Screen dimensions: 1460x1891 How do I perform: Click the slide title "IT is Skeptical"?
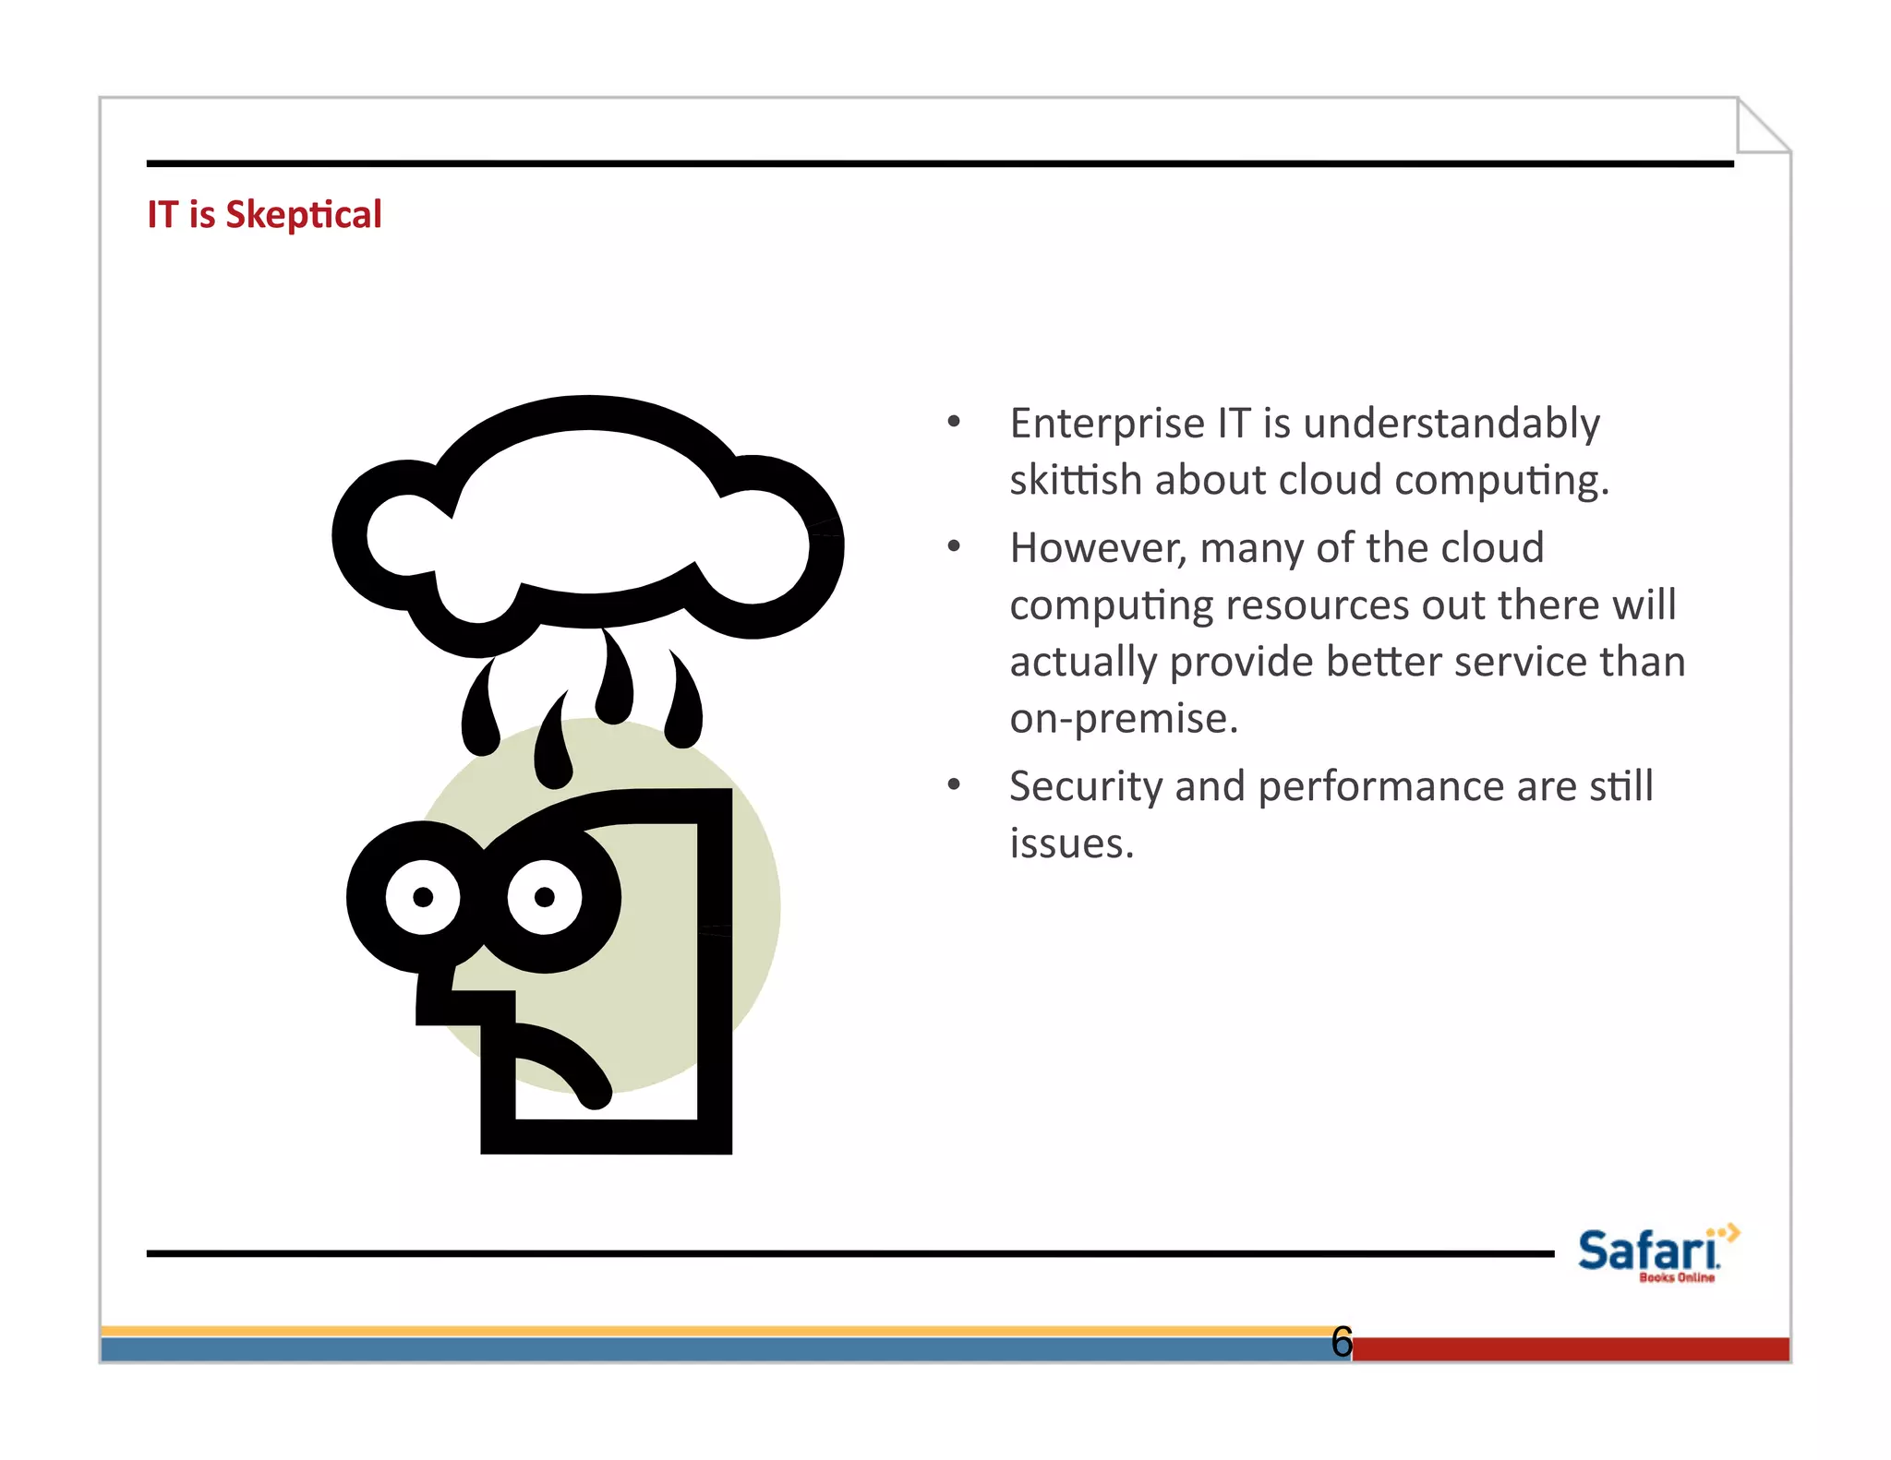click(x=264, y=215)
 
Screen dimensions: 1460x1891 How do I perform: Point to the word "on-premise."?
click(x=1123, y=719)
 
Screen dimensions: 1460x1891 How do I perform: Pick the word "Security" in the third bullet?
click(x=1085, y=787)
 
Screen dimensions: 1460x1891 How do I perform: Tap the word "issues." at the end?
click(x=1071, y=844)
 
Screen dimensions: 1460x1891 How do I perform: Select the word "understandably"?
click(x=1451, y=424)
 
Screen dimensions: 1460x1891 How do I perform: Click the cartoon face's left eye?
click(x=423, y=897)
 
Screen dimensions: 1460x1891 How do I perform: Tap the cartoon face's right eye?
click(x=545, y=897)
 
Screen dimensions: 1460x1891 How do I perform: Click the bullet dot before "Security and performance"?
click(x=954, y=785)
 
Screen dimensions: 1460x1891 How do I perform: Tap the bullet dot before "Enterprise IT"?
click(x=954, y=423)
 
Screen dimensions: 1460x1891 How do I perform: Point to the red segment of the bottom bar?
click(x=1570, y=1349)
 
